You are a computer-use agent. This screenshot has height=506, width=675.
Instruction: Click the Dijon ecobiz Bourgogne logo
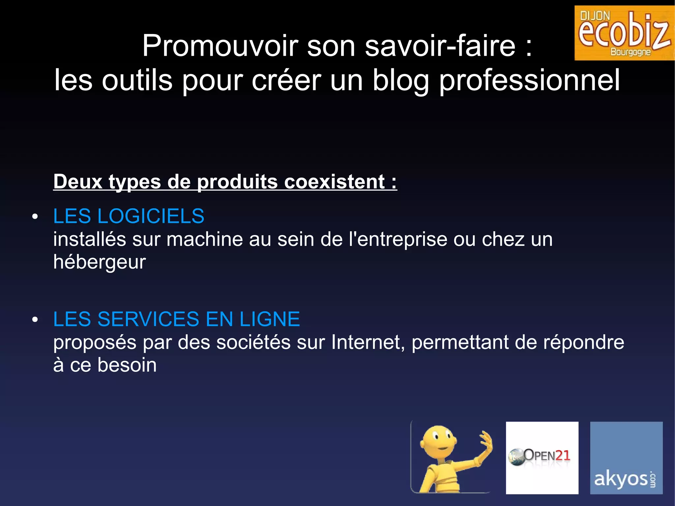(x=624, y=33)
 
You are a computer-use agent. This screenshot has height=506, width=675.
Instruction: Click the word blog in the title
(x=400, y=80)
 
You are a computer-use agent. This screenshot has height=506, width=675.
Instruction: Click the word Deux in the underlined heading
(x=78, y=182)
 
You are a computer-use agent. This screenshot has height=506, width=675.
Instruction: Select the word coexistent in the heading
(x=334, y=182)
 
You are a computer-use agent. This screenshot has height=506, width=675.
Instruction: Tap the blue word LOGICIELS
(x=151, y=216)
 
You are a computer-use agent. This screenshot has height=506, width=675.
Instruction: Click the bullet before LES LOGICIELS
(x=35, y=217)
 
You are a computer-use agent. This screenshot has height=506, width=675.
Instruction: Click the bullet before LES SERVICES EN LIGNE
(x=35, y=319)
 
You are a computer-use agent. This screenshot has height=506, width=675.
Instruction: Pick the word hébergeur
(x=100, y=262)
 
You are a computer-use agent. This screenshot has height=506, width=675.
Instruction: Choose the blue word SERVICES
(x=148, y=319)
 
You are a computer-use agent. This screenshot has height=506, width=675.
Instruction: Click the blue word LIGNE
(x=270, y=319)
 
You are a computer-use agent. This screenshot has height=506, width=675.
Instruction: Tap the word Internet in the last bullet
(x=367, y=342)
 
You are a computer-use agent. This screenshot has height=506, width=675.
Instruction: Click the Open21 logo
(x=542, y=458)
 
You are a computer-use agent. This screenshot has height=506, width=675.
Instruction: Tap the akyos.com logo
(x=626, y=458)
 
